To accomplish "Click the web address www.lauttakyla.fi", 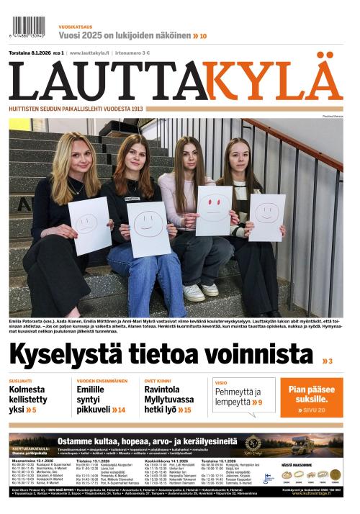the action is click(x=89, y=53).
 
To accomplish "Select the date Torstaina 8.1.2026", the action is click(x=32, y=53).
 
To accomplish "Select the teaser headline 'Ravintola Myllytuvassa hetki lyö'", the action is click(x=169, y=399).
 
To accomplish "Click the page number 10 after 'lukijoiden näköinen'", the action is click(x=203, y=36).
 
